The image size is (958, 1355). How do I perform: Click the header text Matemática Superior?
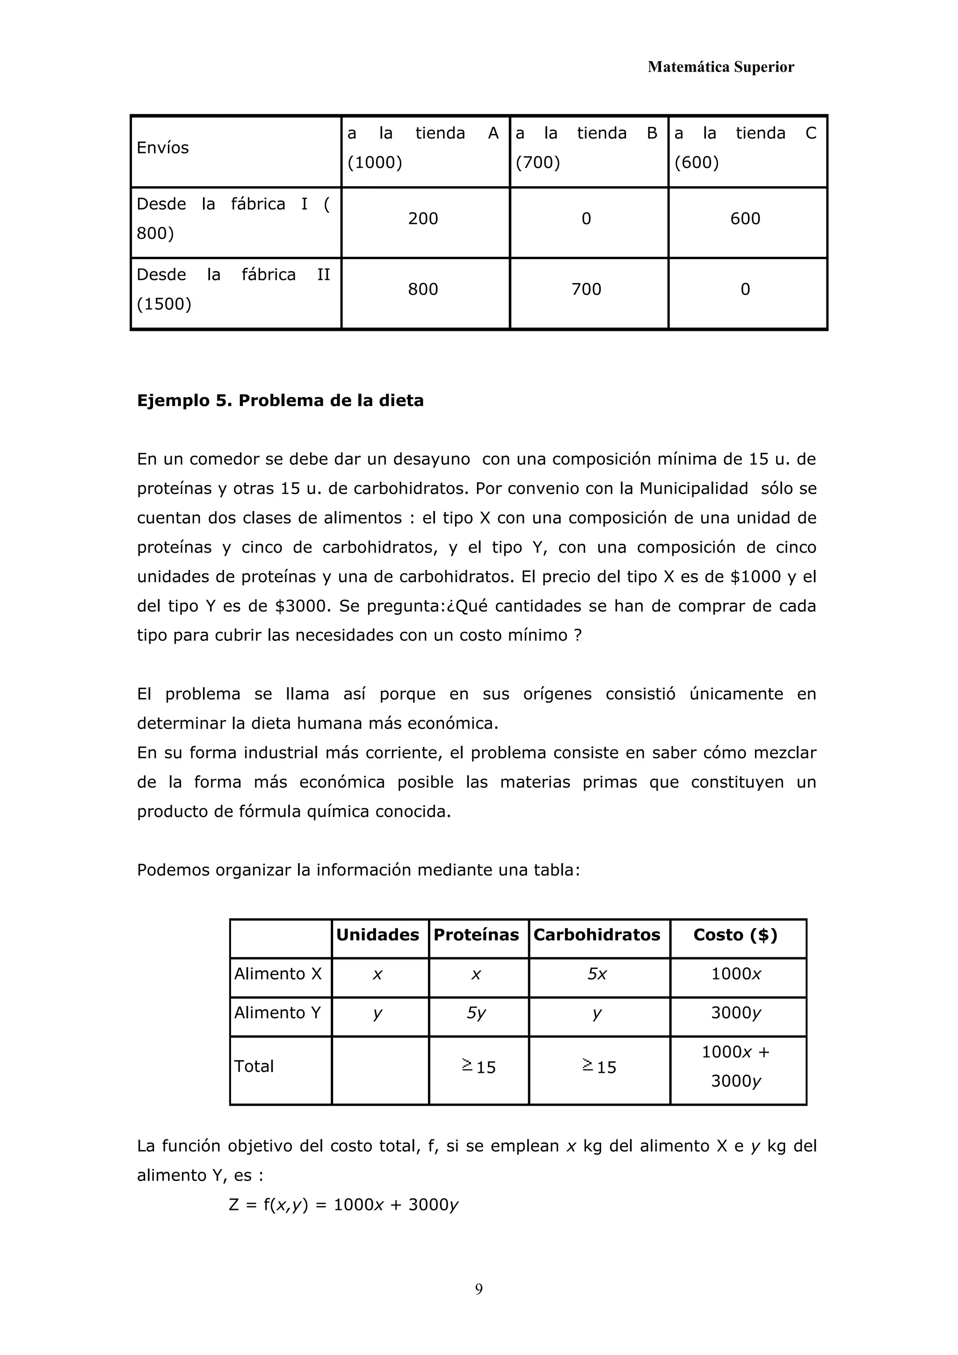(x=720, y=67)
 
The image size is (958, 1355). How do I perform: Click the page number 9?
(x=479, y=1289)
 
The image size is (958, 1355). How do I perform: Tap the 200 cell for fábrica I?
(x=423, y=219)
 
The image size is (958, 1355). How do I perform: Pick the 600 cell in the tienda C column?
(x=745, y=219)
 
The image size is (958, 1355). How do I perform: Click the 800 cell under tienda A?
(x=423, y=289)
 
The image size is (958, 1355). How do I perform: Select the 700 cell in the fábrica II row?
(x=586, y=289)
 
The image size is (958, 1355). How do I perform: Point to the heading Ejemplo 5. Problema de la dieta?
(x=280, y=401)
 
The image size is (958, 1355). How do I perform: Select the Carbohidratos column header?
(x=596, y=935)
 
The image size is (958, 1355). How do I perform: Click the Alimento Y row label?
(x=277, y=1013)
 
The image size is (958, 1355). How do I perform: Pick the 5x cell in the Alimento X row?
(x=596, y=974)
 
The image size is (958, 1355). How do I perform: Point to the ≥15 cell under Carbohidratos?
(x=599, y=1067)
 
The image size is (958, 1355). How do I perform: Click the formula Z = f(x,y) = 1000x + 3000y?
(x=343, y=1204)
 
